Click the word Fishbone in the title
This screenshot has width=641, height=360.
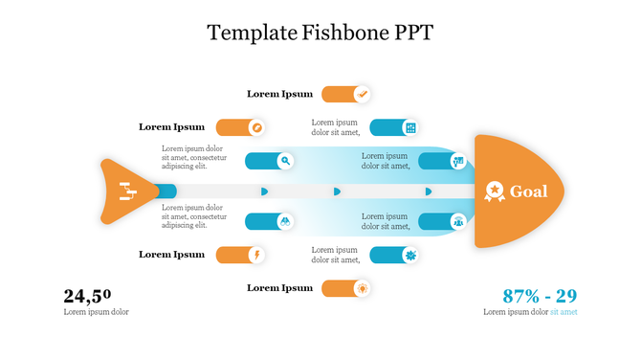(x=332, y=32)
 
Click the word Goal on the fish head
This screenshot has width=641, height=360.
(x=528, y=191)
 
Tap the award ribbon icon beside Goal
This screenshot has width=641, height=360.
(x=495, y=191)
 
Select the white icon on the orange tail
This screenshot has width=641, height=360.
(x=126, y=191)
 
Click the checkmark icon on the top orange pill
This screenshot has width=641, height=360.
(x=362, y=94)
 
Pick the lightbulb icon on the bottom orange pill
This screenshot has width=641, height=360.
(x=362, y=288)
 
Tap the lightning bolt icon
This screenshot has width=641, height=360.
(x=256, y=255)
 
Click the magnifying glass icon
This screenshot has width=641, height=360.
(x=285, y=161)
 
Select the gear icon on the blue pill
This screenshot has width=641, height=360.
(x=410, y=255)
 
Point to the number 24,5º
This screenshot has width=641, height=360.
(x=87, y=296)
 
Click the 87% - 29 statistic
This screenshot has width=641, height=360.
(x=540, y=296)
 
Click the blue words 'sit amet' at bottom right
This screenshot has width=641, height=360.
(x=564, y=312)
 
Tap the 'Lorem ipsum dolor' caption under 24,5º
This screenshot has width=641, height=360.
(x=96, y=312)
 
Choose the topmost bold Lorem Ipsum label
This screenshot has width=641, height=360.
(x=279, y=94)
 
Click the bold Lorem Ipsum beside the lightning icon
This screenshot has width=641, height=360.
(x=171, y=255)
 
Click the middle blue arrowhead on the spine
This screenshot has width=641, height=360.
(x=337, y=191)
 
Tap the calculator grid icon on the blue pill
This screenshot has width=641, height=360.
(x=410, y=127)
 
